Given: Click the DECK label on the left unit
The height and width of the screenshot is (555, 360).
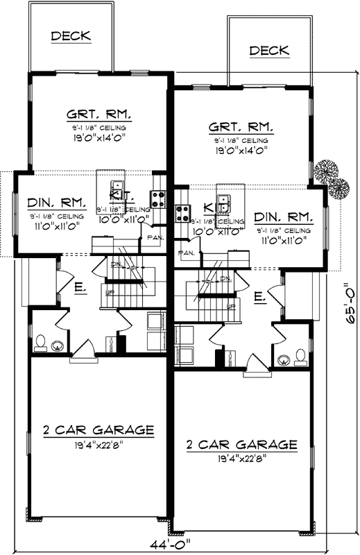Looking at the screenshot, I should pyautogui.click(x=71, y=36).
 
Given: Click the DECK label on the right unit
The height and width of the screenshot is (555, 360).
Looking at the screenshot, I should pyautogui.click(x=269, y=51).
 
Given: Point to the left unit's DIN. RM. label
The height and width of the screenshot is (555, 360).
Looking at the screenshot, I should pyautogui.click(x=57, y=203).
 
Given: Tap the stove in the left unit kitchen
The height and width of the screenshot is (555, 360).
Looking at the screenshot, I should pyautogui.click(x=158, y=200).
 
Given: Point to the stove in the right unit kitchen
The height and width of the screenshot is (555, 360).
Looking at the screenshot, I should pyautogui.click(x=183, y=212).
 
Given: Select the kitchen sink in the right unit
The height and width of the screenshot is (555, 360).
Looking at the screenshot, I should pyautogui.click(x=224, y=203).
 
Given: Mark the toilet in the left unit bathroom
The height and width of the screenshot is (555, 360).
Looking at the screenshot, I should pyautogui.click(x=42, y=342).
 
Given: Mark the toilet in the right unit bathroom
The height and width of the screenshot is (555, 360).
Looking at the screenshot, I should pyautogui.click(x=300, y=357).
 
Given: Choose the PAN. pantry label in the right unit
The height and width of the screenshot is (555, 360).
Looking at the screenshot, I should pyautogui.click(x=187, y=253).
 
